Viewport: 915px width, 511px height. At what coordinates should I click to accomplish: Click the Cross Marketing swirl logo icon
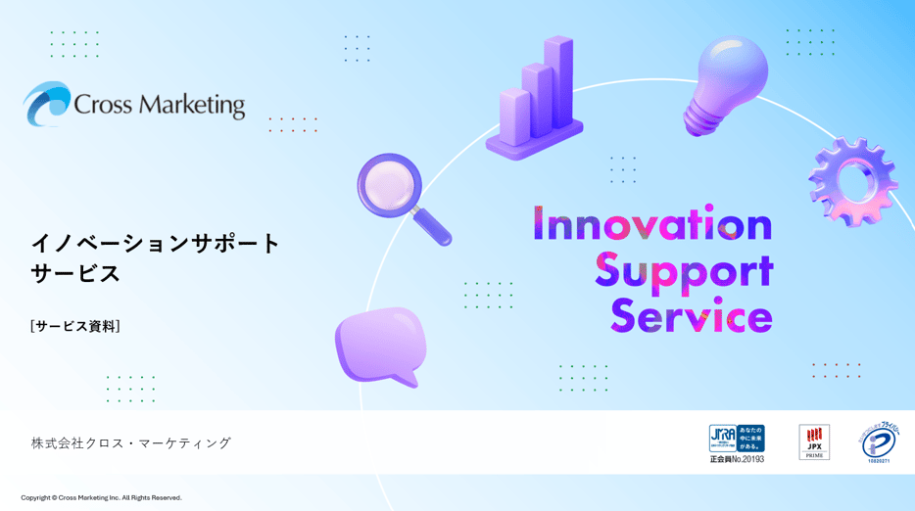47,104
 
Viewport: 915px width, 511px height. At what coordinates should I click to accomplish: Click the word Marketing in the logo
190,105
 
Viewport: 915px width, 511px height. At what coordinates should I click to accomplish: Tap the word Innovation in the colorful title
652,225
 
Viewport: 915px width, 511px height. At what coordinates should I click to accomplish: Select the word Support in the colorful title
684,271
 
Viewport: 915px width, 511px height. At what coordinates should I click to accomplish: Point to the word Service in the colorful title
692,317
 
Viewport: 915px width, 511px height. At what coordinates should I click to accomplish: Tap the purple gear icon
852,180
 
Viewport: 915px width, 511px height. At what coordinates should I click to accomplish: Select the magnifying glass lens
389,185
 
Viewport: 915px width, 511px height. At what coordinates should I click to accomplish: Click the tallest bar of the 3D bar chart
559,83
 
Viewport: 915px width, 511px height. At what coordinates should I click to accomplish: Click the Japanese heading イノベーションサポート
156,243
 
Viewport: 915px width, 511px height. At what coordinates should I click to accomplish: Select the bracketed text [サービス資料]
74,326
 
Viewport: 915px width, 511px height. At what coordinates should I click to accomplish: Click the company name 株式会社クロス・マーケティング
131,442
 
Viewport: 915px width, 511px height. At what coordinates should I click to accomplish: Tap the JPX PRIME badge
814,441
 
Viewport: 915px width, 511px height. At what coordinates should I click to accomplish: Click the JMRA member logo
737,442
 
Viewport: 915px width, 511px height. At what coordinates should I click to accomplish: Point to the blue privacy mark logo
880,442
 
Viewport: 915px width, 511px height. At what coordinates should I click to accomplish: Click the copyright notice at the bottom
102,497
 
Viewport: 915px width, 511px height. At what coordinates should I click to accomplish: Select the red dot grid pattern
836,370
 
